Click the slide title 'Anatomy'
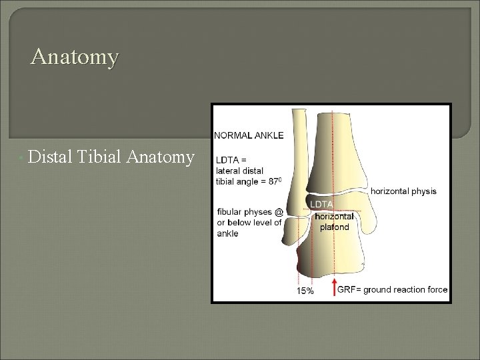click(x=75, y=57)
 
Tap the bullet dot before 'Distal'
click(x=23, y=159)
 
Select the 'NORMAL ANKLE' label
click(x=249, y=135)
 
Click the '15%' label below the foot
click(x=305, y=291)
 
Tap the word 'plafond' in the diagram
click(x=333, y=227)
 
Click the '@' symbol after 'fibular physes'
click(x=279, y=213)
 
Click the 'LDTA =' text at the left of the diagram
click(x=230, y=159)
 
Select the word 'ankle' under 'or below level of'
click(x=227, y=233)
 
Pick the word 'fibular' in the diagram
click(x=230, y=213)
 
